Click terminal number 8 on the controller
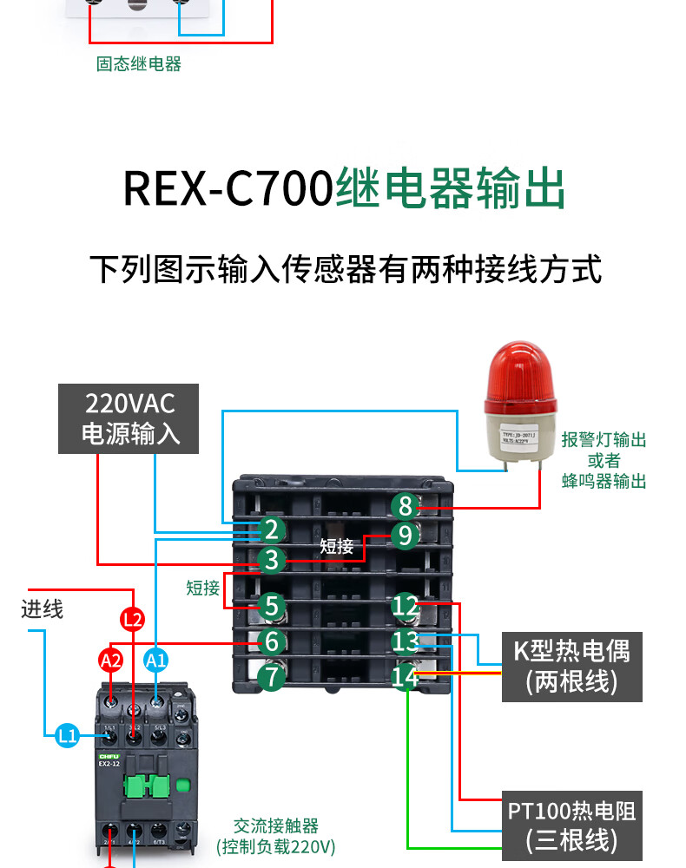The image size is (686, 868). click(x=405, y=506)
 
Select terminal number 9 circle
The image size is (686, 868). click(x=405, y=536)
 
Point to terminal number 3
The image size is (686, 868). click(x=272, y=561)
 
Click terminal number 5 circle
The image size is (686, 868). click(x=272, y=606)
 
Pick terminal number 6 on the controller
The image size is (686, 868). click(x=272, y=642)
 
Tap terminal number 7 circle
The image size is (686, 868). click(x=272, y=675)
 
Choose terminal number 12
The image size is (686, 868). click(x=406, y=606)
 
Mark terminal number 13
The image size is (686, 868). click(x=406, y=642)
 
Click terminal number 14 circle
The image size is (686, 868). click(x=406, y=676)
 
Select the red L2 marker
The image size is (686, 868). click(x=132, y=620)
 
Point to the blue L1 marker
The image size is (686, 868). click(x=68, y=737)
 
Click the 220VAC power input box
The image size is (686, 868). click(x=129, y=418)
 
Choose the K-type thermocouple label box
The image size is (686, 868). click(x=572, y=667)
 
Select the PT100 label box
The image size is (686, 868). click(x=572, y=825)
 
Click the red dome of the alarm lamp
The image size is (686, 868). click(x=519, y=373)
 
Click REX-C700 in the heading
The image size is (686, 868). click(x=228, y=189)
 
